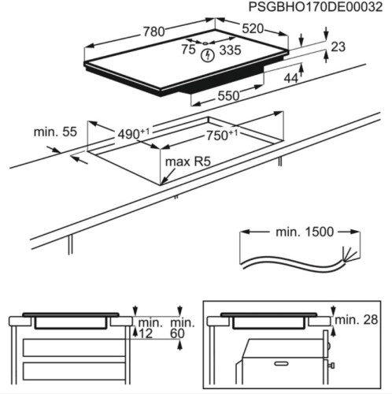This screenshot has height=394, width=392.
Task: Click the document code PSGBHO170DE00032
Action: pos(315,7)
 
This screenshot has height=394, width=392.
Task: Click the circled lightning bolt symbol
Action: pos(208,55)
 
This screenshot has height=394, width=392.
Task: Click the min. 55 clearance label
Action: pos(53,132)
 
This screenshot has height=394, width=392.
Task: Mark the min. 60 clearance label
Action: pos(181,329)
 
